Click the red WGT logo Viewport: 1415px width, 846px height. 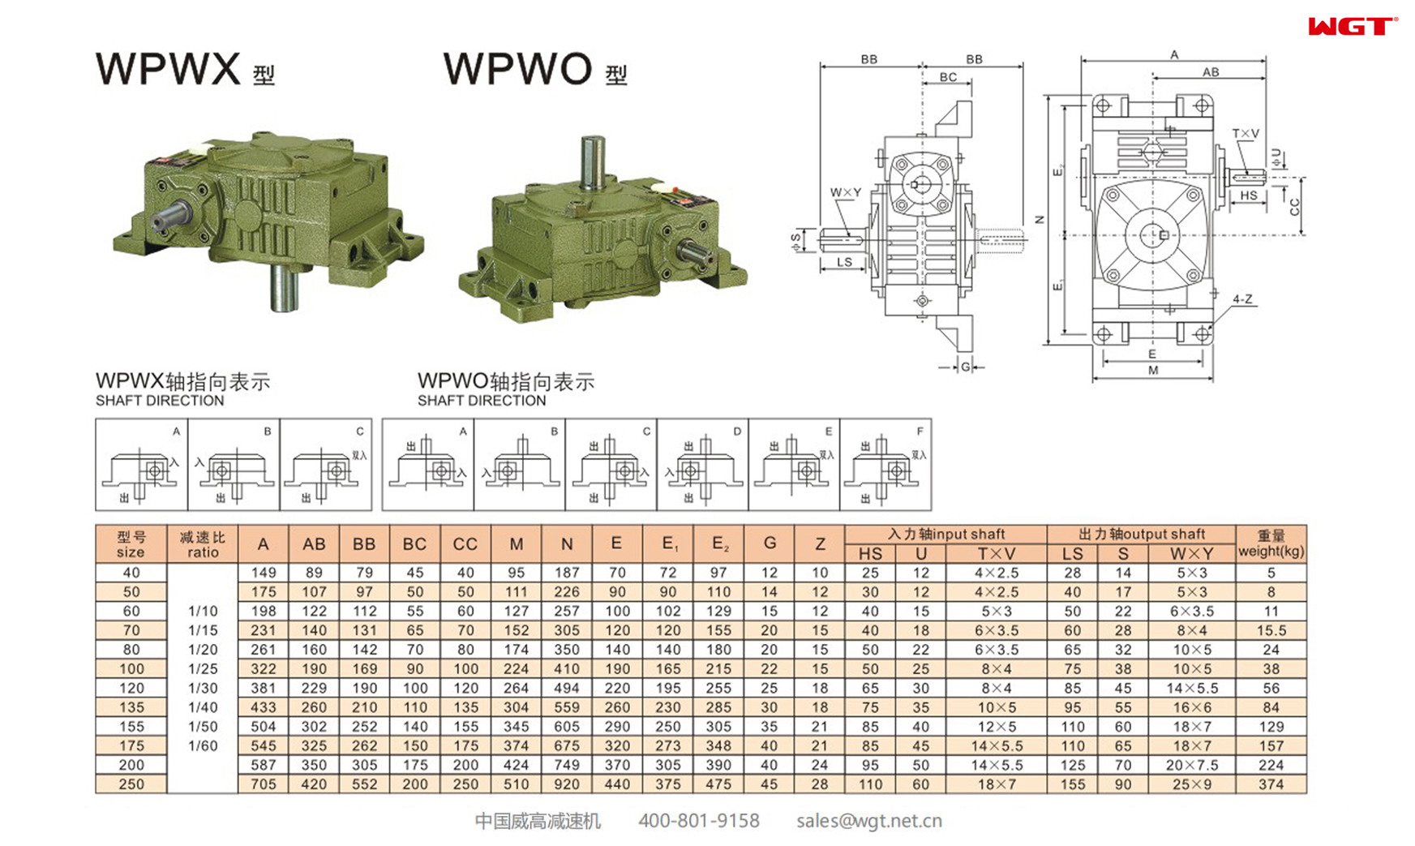pyautogui.click(x=1352, y=27)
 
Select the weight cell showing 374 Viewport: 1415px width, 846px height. pyautogui.click(x=1271, y=784)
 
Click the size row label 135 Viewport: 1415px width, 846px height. pyautogui.click(x=131, y=707)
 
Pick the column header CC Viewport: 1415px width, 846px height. pyautogui.click(x=465, y=544)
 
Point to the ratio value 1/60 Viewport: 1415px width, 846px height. pyautogui.click(x=203, y=745)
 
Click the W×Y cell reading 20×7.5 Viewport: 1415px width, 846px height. pyautogui.click(x=1191, y=765)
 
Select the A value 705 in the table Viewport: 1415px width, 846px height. pyautogui.click(x=263, y=784)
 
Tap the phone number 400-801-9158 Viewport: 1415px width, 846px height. pyautogui.click(x=698, y=821)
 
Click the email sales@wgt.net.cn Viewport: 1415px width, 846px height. pyautogui.click(x=868, y=821)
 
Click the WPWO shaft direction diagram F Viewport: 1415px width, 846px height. pyautogui.click(x=885, y=465)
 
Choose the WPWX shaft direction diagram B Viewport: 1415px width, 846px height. pyautogui.click(x=234, y=465)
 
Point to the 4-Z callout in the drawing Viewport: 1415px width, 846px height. pyautogui.click(x=1241, y=299)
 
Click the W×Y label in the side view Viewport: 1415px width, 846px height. pyautogui.click(x=845, y=192)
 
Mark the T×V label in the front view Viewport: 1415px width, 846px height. pyautogui.click(x=1245, y=134)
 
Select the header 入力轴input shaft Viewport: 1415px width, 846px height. pyautogui.click(x=945, y=534)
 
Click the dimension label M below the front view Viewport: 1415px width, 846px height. pyautogui.click(x=1152, y=371)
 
